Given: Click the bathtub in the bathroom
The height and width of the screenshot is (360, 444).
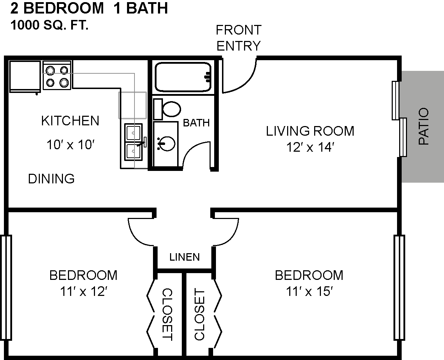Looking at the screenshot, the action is click(x=183, y=77).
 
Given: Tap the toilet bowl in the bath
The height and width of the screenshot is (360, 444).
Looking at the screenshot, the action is click(x=171, y=109).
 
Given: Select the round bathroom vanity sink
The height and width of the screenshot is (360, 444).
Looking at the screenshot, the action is click(x=166, y=144).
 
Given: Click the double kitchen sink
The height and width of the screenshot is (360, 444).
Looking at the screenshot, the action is click(x=133, y=142).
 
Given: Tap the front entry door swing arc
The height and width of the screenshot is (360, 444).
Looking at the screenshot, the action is click(x=246, y=83).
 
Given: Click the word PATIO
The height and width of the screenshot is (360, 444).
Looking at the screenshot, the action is click(x=424, y=126).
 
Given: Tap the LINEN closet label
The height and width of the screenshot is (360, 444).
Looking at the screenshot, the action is click(x=185, y=257).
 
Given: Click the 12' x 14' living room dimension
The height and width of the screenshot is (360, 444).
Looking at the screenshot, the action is click(x=310, y=147).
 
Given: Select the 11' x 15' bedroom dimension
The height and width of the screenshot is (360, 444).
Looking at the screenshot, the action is click(x=309, y=291).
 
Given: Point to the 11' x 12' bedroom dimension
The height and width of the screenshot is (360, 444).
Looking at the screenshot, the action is click(x=84, y=291).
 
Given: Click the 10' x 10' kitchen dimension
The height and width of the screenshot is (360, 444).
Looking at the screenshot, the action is click(x=70, y=145).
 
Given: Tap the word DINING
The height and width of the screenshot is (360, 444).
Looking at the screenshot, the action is click(x=51, y=179).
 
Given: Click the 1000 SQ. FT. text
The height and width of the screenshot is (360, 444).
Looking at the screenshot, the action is click(x=49, y=25).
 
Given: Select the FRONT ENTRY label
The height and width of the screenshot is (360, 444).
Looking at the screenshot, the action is click(x=239, y=38).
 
